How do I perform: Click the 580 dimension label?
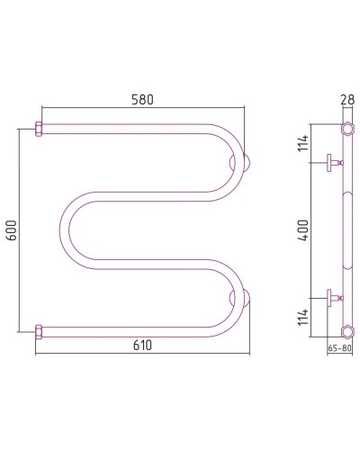click(142, 100)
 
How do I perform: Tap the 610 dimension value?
click(142, 346)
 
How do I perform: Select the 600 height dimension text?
click(12, 230)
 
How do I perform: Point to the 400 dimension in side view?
click(303, 230)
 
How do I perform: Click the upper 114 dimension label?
click(303, 143)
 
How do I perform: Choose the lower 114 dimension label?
click(303, 317)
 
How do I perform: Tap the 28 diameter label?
click(347, 100)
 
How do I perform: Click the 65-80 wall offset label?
click(339, 348)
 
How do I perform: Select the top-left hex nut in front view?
click(39, 129)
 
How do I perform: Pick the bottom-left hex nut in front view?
click(39, 332)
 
